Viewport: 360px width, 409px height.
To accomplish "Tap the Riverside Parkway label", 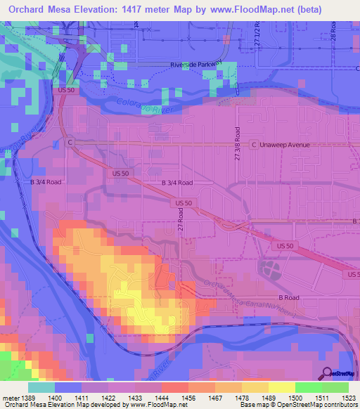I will tap(196, 65).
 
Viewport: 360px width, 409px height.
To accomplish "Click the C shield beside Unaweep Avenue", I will tap(70, 142).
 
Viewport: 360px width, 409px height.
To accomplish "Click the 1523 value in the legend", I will tap(349, 398).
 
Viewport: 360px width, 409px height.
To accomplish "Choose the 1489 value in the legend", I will tap(269, 398).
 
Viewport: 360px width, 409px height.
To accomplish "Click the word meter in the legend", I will tap(10, 398).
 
